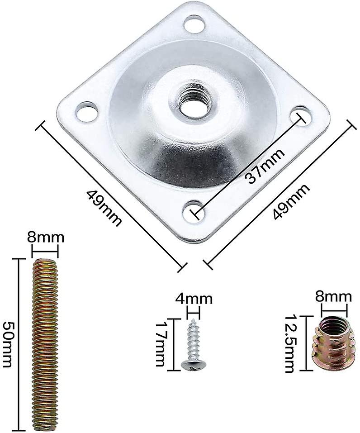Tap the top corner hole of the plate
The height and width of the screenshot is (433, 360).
coord(194,23)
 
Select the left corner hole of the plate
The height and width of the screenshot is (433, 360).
coord(86,111)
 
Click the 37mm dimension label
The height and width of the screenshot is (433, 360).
coord(265,166)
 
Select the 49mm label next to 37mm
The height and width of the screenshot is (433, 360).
coord(291,202)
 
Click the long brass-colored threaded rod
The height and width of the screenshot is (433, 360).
coord(45,344)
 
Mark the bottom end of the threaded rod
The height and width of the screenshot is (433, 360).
coord(45,425)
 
